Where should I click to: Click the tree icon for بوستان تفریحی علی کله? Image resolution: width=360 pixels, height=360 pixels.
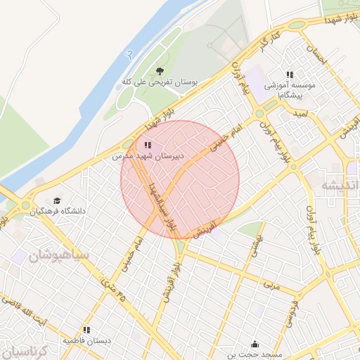click(x=160, y=71)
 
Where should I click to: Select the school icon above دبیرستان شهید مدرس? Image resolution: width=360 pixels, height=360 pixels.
click(x=147, y=146)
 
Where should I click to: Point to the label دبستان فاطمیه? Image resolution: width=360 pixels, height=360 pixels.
click(x=87, y=340)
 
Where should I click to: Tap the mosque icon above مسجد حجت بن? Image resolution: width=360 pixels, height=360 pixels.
click(x=254, y=345)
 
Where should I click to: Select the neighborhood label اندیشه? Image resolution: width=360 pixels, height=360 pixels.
click(x=340, y=185)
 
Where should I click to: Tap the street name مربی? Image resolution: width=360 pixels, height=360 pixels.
click(x=271, y=285)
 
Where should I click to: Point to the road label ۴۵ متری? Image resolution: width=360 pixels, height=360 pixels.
click(x=106, y=288)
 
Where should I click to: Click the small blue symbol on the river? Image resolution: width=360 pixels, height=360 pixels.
click(x=127, y=53)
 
